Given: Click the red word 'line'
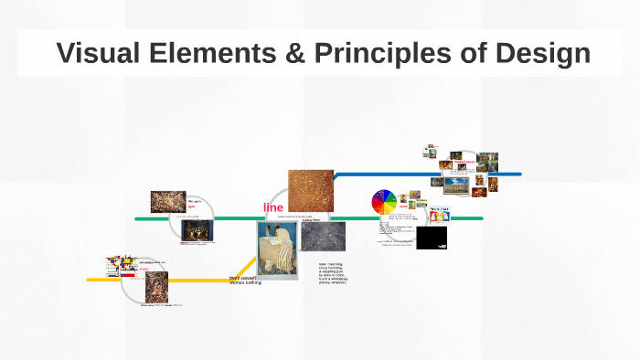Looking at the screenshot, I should pos(273,207).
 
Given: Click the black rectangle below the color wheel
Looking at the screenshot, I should pos(432,238).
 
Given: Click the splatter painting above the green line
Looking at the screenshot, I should pos(168,202).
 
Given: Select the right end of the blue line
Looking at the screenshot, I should pos(519,174).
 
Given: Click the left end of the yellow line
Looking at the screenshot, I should pos(89,280).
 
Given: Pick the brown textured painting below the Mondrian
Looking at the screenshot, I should pos(155,289).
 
